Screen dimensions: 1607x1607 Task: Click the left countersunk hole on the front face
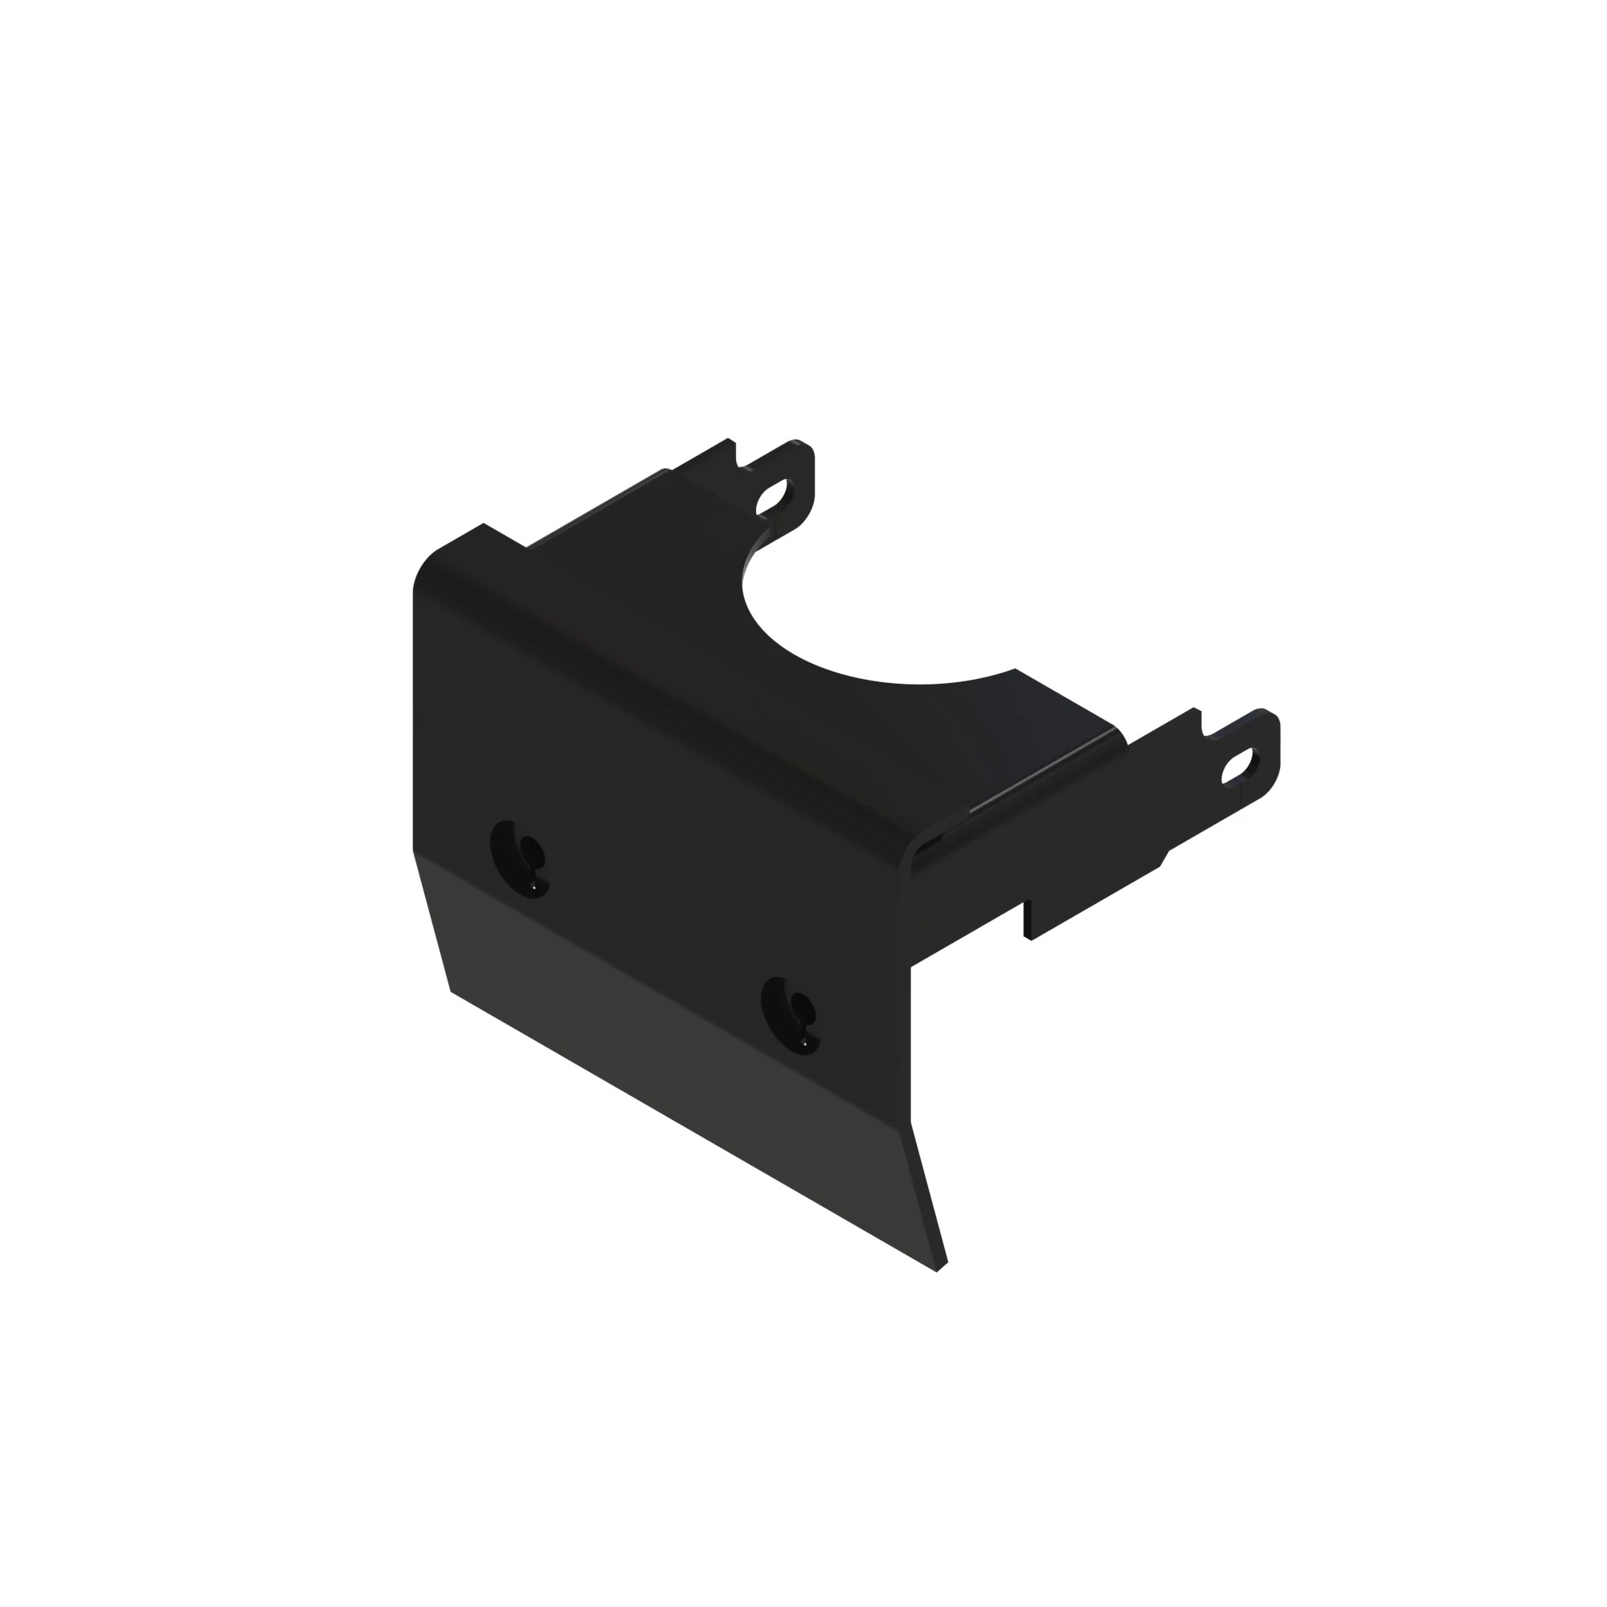(520, 858)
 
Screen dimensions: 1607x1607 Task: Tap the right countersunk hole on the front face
(790, 1015)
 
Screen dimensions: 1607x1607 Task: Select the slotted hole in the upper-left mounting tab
(773, 496)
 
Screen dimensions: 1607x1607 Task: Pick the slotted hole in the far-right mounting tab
(1239, 765)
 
